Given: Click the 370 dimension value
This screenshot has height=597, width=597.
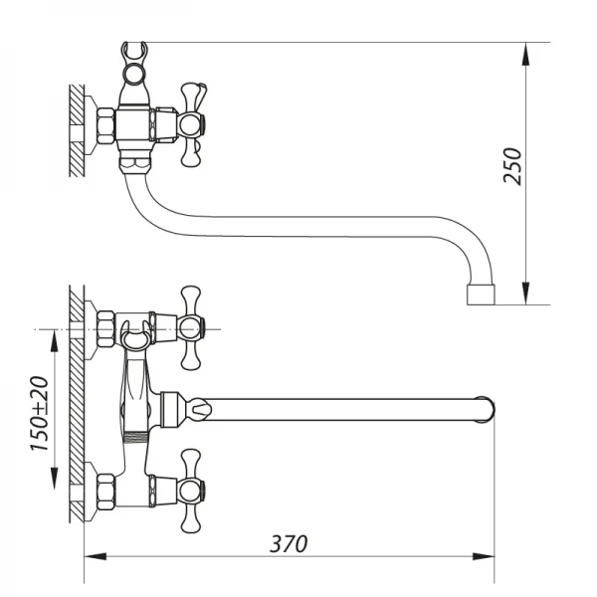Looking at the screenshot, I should (x=290, y=544).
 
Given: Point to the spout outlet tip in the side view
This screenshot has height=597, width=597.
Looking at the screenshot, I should (x=480, y=294).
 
